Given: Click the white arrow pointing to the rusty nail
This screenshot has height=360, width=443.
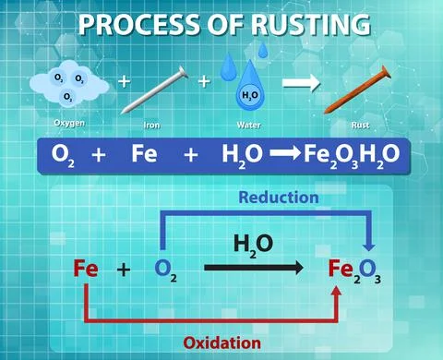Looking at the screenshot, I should pos(300,83).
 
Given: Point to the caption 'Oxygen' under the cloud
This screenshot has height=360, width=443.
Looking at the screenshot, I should pos(70,123).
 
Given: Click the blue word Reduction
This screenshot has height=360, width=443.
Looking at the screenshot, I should pos(278,198).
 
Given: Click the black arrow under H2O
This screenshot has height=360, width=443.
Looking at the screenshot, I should pos(254,269).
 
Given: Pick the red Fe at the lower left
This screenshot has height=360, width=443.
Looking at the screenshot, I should pos(86,270).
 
